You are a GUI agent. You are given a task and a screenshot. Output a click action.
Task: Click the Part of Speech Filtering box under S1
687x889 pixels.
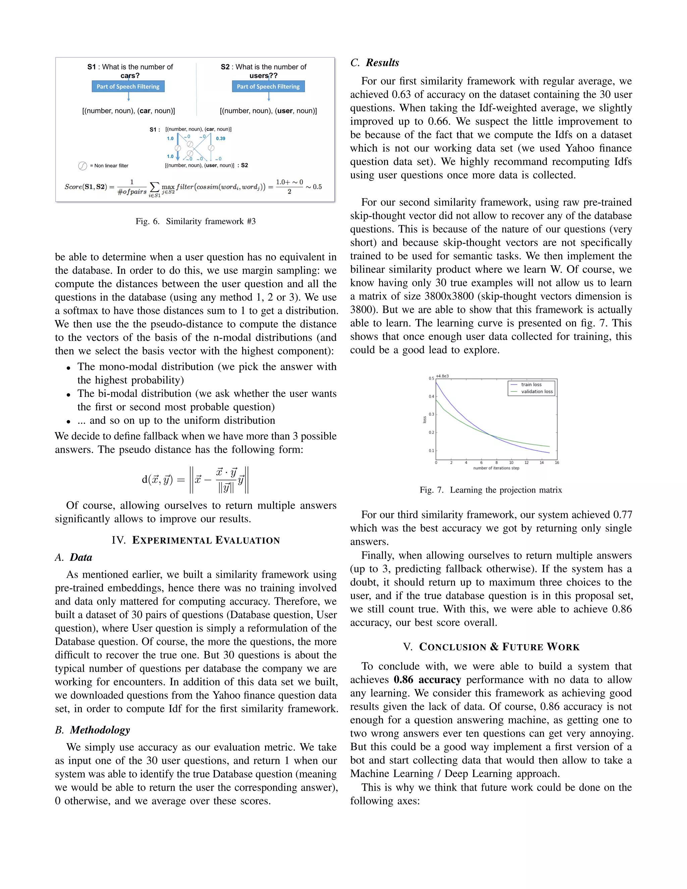point(128,86)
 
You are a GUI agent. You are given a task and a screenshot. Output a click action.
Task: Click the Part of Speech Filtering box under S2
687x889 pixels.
point(268,86)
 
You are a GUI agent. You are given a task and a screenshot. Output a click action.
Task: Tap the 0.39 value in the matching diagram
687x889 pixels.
point(221,139)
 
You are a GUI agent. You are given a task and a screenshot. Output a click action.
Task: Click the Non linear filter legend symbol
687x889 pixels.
point(82,166)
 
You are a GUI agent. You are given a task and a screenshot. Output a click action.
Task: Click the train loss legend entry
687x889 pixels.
point(531,384)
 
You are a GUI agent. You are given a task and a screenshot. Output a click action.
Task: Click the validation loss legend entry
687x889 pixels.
point(536,391)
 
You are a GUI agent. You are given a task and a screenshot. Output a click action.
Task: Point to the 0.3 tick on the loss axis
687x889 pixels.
point(431,414)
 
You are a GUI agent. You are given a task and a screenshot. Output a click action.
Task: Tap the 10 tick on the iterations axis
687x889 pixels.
point(511,462)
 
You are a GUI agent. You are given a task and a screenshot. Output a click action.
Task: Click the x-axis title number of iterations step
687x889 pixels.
point(496,468)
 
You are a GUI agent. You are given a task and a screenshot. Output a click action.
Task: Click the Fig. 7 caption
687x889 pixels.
point(490,490)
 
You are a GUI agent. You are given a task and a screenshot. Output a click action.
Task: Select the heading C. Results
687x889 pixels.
point(375,63)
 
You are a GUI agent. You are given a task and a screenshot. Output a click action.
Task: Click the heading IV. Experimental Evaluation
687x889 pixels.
point(196,540)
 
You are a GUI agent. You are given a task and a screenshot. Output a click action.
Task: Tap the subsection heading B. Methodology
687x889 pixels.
point(93,730)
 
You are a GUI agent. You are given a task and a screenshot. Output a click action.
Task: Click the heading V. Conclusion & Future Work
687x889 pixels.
point(491,647)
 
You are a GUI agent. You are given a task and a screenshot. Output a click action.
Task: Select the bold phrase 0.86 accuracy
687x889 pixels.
point(427,680)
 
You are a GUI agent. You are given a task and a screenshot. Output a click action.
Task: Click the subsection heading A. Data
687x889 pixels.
point(74,557)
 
